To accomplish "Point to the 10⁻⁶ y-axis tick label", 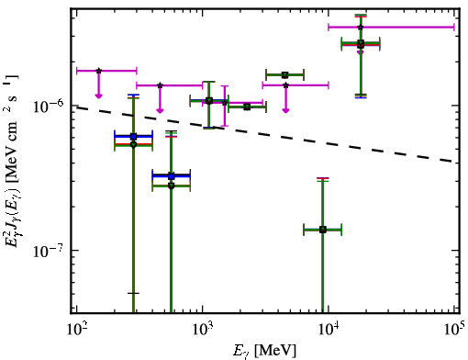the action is click(48, 106).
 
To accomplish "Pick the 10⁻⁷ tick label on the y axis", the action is click(48, 251).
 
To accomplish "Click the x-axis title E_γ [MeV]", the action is click(264, 350).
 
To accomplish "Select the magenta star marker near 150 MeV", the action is click(98, 71).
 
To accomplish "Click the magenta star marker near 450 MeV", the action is click(160, 85).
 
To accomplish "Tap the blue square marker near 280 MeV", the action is click(133, 137).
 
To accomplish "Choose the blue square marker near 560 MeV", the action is click(172, 176).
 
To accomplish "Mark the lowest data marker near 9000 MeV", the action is click(323, 230).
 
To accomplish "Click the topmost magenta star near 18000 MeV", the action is click(361, 28).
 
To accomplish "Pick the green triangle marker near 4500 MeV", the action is click(285, 75).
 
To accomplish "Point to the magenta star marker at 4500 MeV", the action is click(285, 85).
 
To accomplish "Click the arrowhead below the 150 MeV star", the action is click(98, 96).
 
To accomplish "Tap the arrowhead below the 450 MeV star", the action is click(160, 110).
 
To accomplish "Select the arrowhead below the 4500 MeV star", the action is click(285, 110).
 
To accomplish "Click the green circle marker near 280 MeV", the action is click(133, 144).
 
